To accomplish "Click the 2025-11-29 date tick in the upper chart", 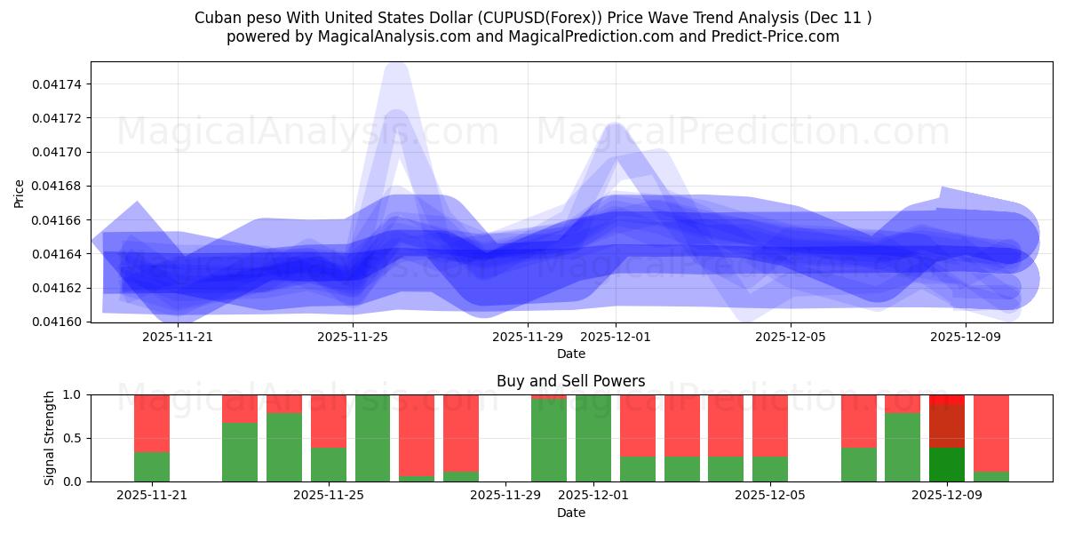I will tap(528, 337).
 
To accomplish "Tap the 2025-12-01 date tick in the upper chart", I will tap(616, 337).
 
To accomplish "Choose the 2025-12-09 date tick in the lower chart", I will tap(946, 496).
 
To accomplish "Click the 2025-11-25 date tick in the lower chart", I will tap(329, 496).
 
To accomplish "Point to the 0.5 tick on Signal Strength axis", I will tap(73, 438).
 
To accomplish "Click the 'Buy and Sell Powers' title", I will tap(570, 381).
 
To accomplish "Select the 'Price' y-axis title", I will tap(20, 192).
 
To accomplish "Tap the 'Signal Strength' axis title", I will tap(50, 438).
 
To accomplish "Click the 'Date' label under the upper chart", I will tap(570, 354).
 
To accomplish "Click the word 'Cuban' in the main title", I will tap(216, 18).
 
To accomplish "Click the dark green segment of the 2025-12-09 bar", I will tap(946, 464).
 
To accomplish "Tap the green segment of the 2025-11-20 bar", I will tap(152, 466).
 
